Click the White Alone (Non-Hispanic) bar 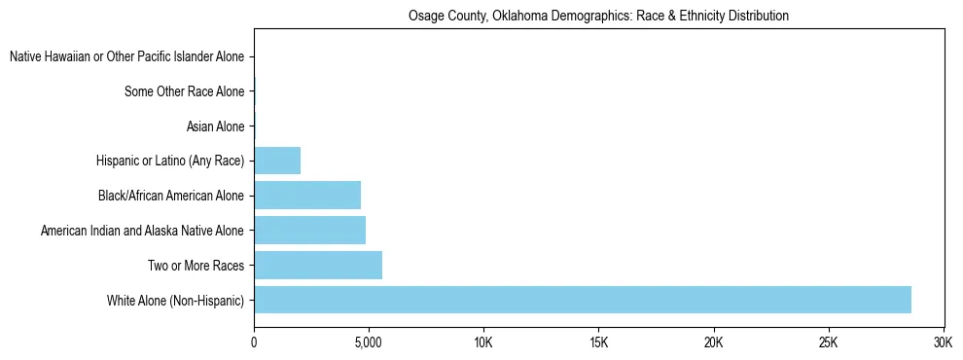click(x=583, y=300)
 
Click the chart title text click(x=598, y=17)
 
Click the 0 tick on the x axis click(x=254, y=343)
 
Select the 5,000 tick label click(x=369, y=343)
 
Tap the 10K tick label click(x=483, y=343)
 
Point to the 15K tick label click(x=598, y=343)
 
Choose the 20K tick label click(x=714, y=343)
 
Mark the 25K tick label click(x=829, y=343)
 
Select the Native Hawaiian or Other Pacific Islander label click(x=127, y=57)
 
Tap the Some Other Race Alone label click(x=185, y=92)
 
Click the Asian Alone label click(x=215, y=126)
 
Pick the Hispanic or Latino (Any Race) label click(x=170, y=162)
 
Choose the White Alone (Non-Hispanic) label click(x=176, y=301)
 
